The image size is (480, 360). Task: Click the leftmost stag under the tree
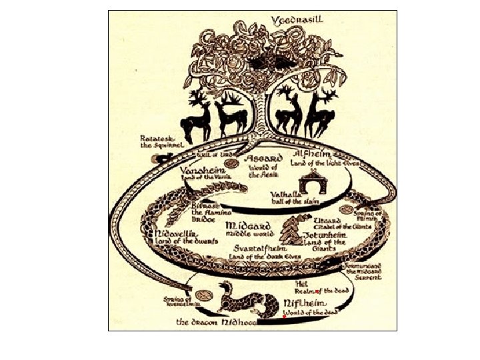tap(198, 118)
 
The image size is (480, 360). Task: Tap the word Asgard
tap(265, 159)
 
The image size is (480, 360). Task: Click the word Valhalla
tap(287, 195)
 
